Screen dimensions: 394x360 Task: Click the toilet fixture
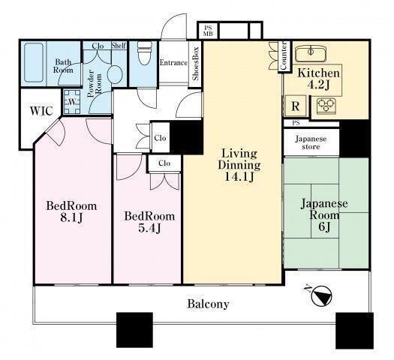pos(145,52)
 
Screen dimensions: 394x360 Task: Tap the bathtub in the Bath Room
pos(35,62)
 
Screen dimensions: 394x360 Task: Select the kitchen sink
pos(311,54)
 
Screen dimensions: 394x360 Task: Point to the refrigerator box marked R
pos(296,106)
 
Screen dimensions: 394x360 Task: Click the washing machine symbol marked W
pos(72,102)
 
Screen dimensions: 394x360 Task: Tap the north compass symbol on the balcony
pos(321,295)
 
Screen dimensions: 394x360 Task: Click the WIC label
pos(41,111)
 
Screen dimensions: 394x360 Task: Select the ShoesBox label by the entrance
pos(195,64)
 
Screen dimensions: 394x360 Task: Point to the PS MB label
pos(208,31)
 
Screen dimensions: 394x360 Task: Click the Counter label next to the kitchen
pos(283,55)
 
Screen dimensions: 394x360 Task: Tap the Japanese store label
pos(311,142)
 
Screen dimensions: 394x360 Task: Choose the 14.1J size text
pos(239,177)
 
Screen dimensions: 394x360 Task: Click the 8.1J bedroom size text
pos(71,217)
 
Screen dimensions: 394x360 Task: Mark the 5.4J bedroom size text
pos(150,228)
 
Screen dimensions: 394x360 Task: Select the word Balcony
pos(209,304)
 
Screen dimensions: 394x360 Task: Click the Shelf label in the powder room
pos(119,46)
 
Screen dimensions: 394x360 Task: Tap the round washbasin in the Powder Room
pos(115,73)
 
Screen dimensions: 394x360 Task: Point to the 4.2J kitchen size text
pos(319,85)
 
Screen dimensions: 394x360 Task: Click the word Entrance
pos(173,62)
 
